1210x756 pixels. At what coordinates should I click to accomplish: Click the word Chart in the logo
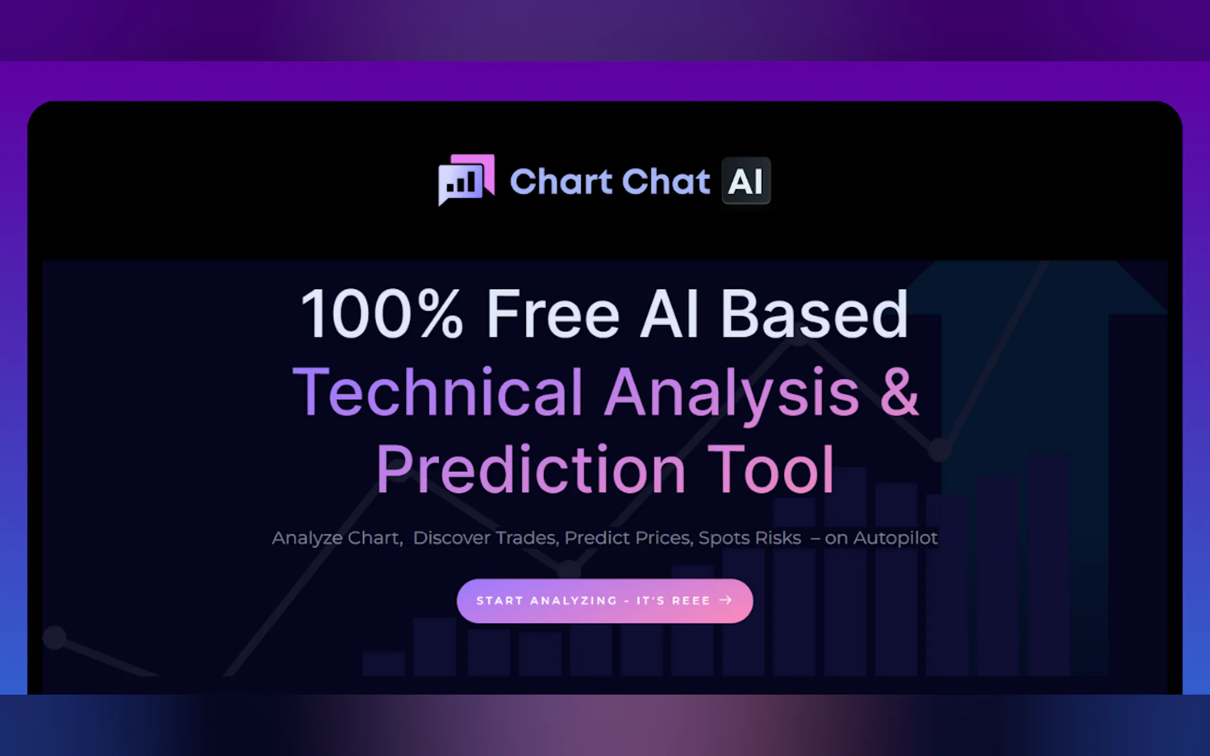(560, 181)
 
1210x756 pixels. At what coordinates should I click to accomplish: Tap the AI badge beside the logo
(746, 180)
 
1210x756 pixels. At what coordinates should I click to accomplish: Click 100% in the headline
(381, 314)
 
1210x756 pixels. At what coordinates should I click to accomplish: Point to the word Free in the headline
(553, 314)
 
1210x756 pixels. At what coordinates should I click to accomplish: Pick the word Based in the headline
(814, 314)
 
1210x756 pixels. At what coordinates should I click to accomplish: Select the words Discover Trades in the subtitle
(484, 538)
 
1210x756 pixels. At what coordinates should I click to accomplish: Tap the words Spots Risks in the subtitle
(750, 538)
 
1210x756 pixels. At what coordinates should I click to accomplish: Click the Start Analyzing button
(605, 600)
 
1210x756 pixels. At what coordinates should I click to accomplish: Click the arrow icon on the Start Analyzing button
(726, 600)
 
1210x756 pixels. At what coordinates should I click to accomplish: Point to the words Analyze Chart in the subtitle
(337, 538)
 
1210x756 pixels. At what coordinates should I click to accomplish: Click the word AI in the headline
(669, 314)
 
